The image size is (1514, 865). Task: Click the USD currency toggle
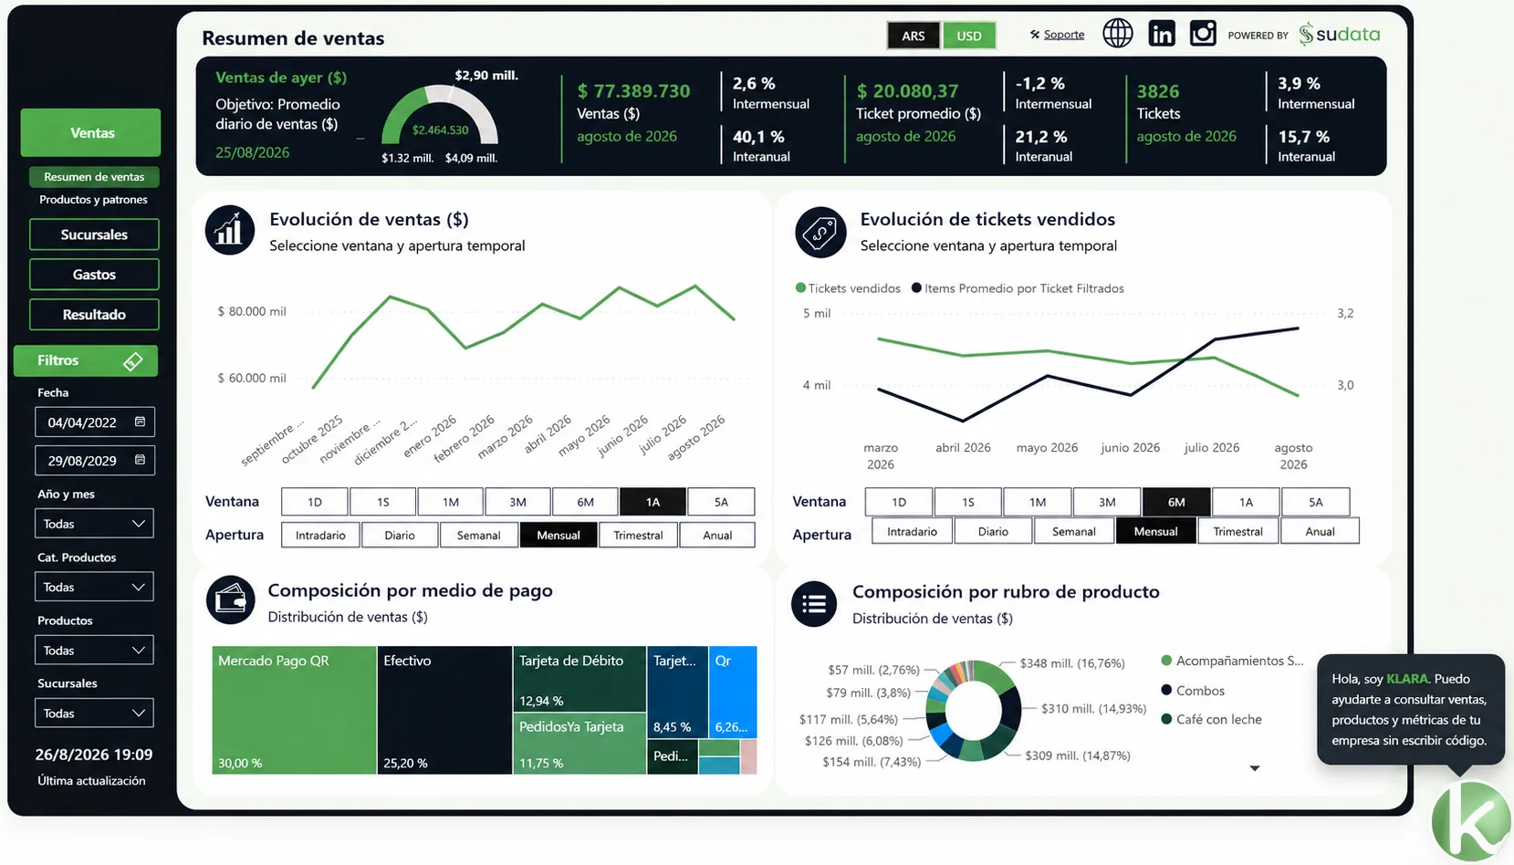click(968, 36)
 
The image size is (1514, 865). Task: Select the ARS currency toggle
click(914, 36)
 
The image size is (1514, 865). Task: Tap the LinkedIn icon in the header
click(1161, 33)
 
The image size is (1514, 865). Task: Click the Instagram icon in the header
click(1203, 33)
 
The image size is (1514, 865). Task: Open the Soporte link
click(1064, 35)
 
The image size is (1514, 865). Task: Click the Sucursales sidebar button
click(94, 234)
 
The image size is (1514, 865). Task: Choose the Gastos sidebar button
click(94, 275)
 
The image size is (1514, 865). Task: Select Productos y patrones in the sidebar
click(93, 199)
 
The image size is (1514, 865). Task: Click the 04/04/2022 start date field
click(95, 422)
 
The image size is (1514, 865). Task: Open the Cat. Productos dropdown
click(94, 587)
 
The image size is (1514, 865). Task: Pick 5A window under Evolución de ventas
click(721, 502)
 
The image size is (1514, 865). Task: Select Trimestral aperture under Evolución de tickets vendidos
click(1237, 531)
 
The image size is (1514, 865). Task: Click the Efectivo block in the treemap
click(444, 710)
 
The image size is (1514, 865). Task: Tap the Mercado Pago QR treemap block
click(294, 710)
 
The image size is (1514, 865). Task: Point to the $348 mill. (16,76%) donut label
click(1072, 663)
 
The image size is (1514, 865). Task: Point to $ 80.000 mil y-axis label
click(252, 311)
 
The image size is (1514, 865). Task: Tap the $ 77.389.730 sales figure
click(633, 91)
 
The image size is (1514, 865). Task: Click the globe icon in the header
click(1118, 33)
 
